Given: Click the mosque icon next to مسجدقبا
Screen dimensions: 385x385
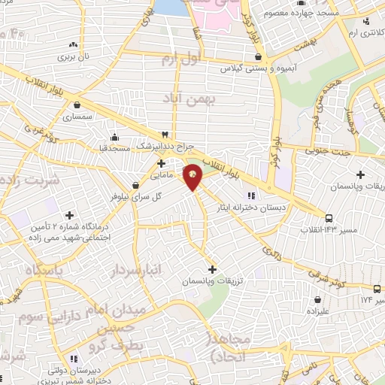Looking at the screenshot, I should [x=114, y=137].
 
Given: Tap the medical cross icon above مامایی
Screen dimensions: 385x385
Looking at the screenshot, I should [x=160, y=162].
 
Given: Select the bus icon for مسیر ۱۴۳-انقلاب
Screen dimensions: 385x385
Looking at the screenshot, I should [x=328, y=219].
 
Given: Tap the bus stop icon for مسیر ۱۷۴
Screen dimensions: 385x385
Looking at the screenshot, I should [x=377, y=289].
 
